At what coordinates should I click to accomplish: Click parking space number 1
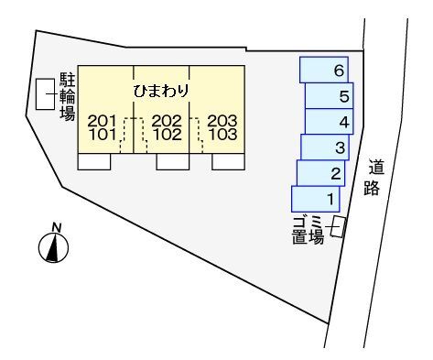tap(316, 198)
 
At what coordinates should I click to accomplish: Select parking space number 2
tap(319, 173)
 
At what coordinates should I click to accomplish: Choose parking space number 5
tap(330, 96)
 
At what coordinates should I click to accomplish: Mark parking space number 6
tap(325, 70)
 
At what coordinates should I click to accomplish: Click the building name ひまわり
tap(161, 91)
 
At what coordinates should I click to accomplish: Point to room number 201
tap(103, 120)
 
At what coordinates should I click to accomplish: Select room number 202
tap(167, 120)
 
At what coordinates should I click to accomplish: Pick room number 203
tap(222, 120)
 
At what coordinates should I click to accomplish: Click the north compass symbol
tap(54, 245)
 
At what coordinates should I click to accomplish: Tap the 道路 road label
tap(376, 180)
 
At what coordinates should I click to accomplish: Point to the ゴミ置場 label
tap(304, 230)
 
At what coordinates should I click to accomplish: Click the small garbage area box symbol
tap(338, 226)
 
